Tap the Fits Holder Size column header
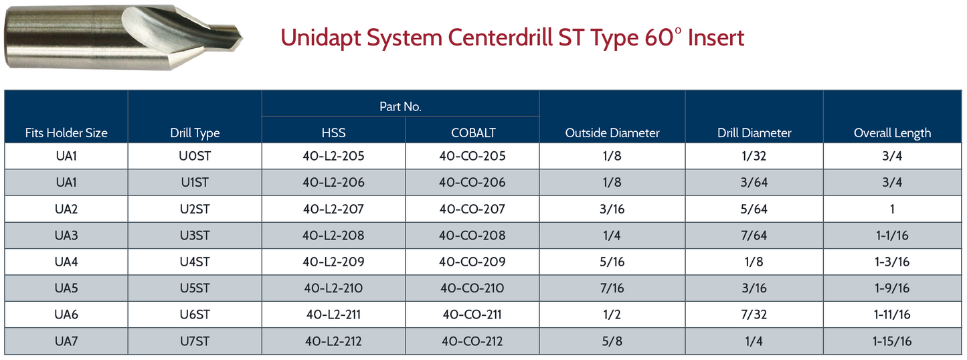pyautogui.click(x=66, y=132)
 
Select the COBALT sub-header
pyautogui.click(x=473, y=132)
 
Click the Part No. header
pyautogui.click(x=400, y=106)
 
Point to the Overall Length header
pyautogui.click(x=892, y=132)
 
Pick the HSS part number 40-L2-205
pyautogui.click(x=333, y=156)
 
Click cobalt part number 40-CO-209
pyautogui.click(x=472, y=262)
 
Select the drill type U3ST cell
pyautogui.click(x=195, y=236)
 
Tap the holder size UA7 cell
pyautogui.click(x=66, y=341)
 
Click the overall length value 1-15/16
pyautogui.click(x=892, y=341)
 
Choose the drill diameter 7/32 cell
pyautogui.click(x=754, y=314)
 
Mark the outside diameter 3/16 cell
pyautogui.click(x=612, y=209)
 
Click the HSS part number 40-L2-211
pyautogui.click(x=333, y=314)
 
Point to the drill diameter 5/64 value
pyautogui.click(x=754, y=209)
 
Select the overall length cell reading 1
pyautogui.click(x=892, y=209)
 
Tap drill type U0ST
pyautogui.click(x=195, y=156)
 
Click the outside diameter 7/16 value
pyautogui.click(x=612, y=288)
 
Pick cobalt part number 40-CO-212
pyautogui.click(x=472, y=341)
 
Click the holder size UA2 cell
pyautogui.click(x=66, y=209)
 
